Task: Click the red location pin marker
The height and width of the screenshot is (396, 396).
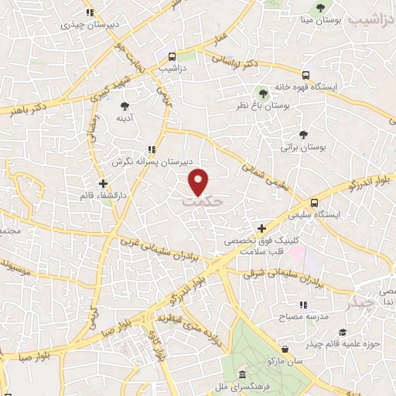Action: click(x=200, y=180)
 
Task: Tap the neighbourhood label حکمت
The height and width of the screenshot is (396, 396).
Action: click(x=203, y=200)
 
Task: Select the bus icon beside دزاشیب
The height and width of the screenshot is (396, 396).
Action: click(x=172, y=56)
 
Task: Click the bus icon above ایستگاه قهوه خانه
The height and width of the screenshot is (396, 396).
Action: click(x=307, y=75)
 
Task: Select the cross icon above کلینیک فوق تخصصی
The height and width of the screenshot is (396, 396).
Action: click(x=261, y=228)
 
